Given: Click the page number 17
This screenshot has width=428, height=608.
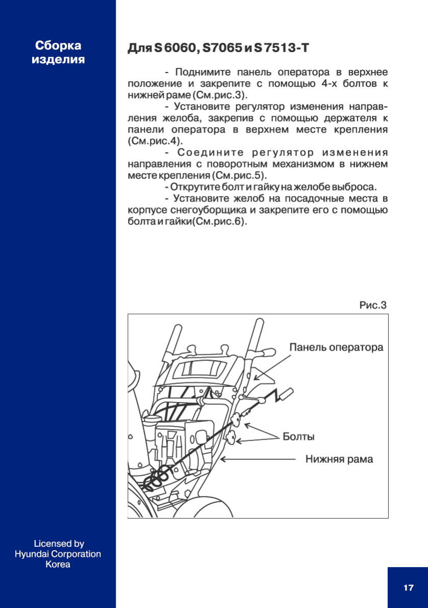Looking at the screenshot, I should tap(408, 588).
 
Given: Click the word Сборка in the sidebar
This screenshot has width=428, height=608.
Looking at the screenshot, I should tap(58, 46).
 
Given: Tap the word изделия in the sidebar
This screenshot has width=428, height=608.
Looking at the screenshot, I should tap(58, 60).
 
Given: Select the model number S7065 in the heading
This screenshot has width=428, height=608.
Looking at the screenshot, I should tap(222, 48).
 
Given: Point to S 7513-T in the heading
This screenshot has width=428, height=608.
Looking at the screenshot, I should tap(282, 48).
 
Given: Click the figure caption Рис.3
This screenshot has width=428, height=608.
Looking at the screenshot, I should tap(373, 305).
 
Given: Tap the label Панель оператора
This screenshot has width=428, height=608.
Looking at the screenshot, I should tap(336, 348).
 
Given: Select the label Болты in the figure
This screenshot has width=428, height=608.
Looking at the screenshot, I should tap(298, 437).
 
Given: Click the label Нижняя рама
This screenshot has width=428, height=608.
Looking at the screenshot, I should tap(339, 459).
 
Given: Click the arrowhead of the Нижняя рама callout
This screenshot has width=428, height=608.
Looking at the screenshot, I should tap(223, 459).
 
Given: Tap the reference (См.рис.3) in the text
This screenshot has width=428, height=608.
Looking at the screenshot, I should tap(220, 95).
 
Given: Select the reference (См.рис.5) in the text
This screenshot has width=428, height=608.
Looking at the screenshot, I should tap(239, 176).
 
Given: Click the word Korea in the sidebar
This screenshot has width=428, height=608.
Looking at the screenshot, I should tap(58, 565).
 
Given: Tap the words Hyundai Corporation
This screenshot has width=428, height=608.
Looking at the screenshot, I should tap(58, 554).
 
